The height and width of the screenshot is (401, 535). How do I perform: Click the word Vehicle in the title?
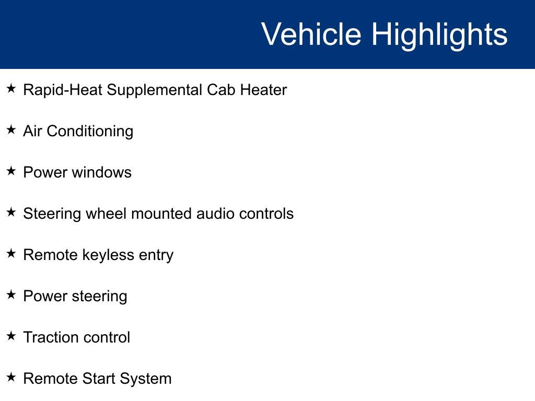pos(311,34)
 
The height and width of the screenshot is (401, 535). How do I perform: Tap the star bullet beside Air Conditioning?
pos(11,130)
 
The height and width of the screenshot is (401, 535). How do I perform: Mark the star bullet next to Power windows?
pos(11,171)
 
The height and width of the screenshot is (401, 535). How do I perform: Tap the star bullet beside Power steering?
pos(11,295)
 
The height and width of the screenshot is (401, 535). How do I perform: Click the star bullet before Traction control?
pos(11,336)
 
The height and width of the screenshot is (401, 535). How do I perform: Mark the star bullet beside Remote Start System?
pos(11,378)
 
